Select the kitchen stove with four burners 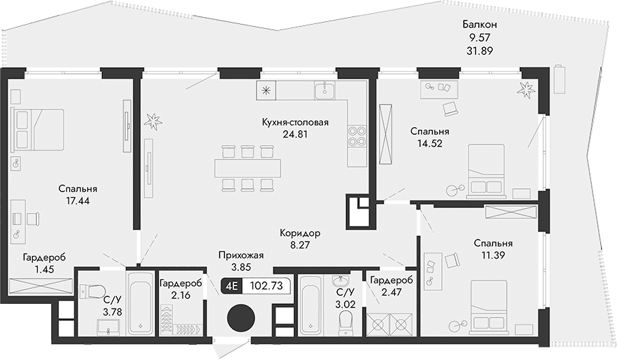(356, 137)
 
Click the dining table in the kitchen (248, 167)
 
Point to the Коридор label (300, 233)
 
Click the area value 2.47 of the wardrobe (390, 293)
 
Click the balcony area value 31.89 (478, 50)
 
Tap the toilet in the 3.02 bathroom (345, 318)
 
